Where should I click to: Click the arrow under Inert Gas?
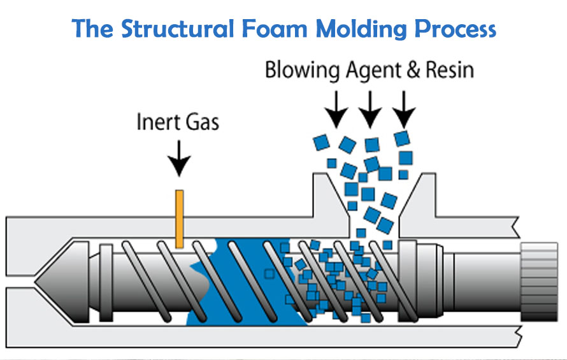[x=180, y=159]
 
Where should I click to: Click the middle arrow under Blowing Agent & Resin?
[x=370, y=109]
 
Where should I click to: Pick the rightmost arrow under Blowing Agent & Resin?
[x=403, y=109]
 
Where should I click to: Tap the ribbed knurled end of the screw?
[x=542, y=280]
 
